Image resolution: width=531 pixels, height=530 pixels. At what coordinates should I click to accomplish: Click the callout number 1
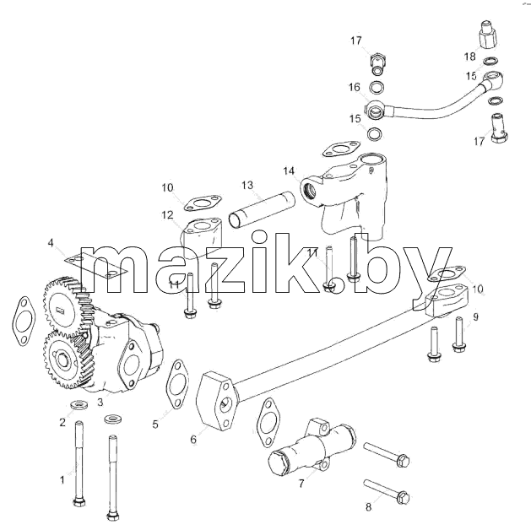(62, 480)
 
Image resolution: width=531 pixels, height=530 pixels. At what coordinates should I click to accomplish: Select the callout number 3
(100, 402)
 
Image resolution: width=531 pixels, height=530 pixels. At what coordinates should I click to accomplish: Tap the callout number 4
(51, 243)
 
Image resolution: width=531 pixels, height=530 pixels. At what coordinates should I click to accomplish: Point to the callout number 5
(155, 424)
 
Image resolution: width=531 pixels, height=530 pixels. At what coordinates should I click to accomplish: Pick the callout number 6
(193, 440)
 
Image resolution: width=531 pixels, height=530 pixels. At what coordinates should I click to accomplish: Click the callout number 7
(301, 484)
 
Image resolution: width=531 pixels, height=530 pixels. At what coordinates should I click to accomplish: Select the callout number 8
(368, 506)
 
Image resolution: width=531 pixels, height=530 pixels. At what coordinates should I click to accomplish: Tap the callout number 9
(475, 317)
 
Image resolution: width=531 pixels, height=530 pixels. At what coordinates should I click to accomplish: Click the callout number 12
(168, 215)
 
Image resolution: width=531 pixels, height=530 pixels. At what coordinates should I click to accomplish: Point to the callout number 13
(247, 185)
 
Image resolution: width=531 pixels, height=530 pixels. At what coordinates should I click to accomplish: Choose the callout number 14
(289, 171)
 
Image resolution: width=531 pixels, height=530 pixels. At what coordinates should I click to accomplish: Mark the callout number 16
(355, 87)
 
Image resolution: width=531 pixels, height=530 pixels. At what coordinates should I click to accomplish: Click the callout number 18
(469, 57)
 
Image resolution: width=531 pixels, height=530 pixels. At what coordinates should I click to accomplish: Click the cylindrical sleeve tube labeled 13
(262, 208)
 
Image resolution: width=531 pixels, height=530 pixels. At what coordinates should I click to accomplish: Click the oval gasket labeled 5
(176, 384)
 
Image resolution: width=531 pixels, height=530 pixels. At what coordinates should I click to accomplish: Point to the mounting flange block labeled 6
(216, 401)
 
